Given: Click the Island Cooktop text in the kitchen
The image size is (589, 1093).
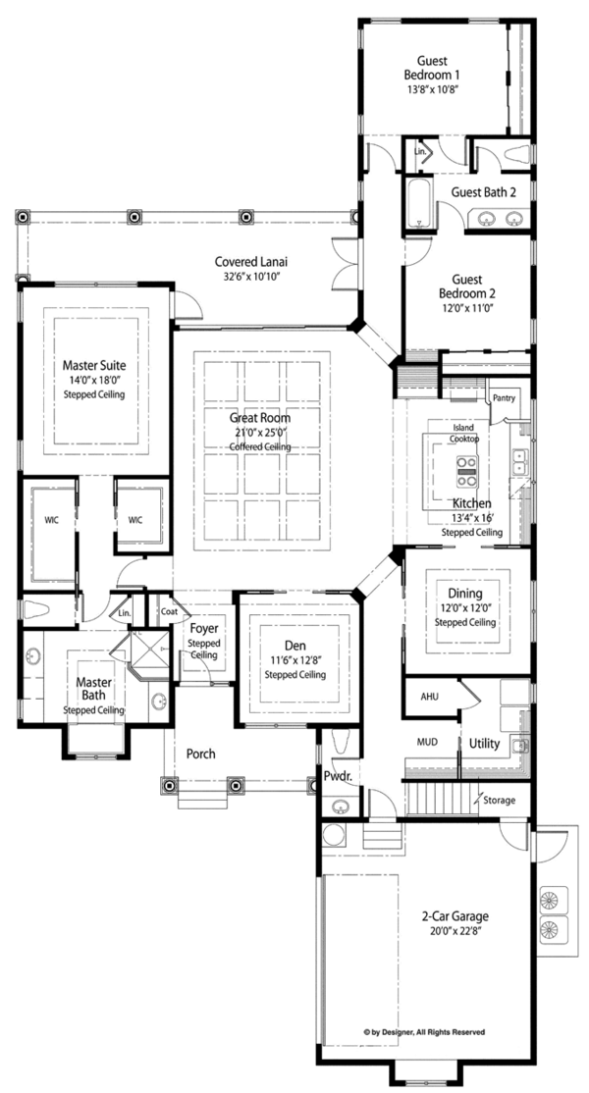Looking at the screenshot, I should [464, 433].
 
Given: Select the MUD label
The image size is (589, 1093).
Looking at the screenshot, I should [427, 744].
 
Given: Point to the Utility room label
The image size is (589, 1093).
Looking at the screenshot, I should [484, 744].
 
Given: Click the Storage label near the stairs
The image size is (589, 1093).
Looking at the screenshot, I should [499, 801].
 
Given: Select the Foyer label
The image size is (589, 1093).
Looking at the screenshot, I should [203, 628].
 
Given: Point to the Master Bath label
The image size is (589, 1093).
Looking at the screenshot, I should [94, 685].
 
